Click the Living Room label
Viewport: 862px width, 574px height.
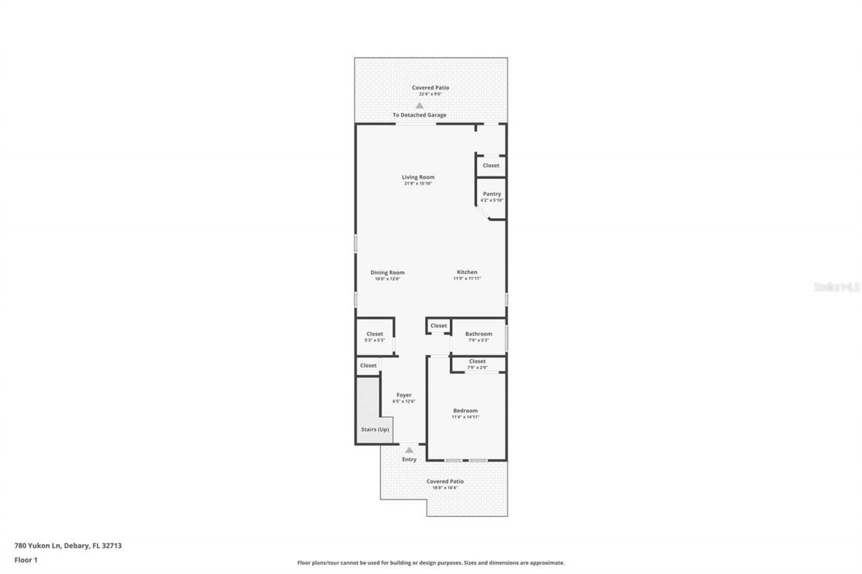418,177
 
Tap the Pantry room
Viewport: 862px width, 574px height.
492,196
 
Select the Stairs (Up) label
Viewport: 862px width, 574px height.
374,429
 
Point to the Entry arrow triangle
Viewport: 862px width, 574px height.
409,450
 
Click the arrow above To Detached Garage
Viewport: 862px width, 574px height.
420,105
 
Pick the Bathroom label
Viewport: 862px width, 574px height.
478,334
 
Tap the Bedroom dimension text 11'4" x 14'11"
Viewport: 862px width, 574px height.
465,417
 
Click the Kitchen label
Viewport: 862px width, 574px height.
467,273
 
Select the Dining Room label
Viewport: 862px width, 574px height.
387,273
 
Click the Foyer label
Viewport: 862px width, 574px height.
403,395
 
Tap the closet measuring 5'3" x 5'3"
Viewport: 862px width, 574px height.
374,336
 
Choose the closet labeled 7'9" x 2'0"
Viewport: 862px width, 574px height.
477,364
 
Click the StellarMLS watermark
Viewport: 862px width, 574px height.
836,287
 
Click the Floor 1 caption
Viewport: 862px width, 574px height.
26,559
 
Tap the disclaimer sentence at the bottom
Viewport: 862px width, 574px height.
430,563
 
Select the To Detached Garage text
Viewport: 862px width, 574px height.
420,115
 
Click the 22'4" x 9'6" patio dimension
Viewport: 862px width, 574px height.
430,94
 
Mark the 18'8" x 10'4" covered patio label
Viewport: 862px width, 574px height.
444,488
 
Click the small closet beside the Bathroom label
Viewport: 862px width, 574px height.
438,326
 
